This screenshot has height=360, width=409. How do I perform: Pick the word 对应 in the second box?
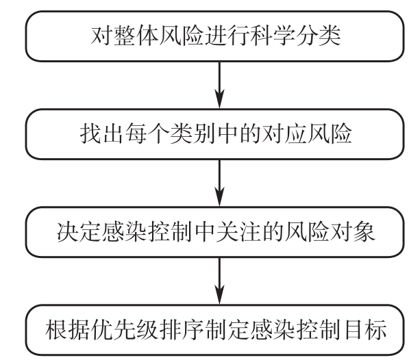(284, 133)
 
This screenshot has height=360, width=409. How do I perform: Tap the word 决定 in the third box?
(79, 231)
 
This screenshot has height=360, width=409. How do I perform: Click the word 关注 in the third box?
(238, 231)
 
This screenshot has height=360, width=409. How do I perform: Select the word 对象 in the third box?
(352, 231)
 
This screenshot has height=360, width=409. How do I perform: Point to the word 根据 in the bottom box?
(68, 329)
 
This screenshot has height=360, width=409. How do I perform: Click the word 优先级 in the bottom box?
(125, 329)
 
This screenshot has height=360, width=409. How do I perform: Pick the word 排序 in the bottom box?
(182, 329)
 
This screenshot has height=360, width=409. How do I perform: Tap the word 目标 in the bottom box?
(364, 329)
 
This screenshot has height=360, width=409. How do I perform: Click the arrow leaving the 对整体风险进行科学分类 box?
(219, 85)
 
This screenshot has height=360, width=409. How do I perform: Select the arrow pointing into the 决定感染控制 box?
(219, 183)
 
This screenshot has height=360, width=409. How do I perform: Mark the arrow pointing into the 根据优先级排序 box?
(219, 281)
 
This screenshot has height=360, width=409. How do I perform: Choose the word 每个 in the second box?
(147, 133)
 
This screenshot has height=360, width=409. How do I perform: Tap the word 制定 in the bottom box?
(227, 329)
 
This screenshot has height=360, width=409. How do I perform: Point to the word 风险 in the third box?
(307, 231)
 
